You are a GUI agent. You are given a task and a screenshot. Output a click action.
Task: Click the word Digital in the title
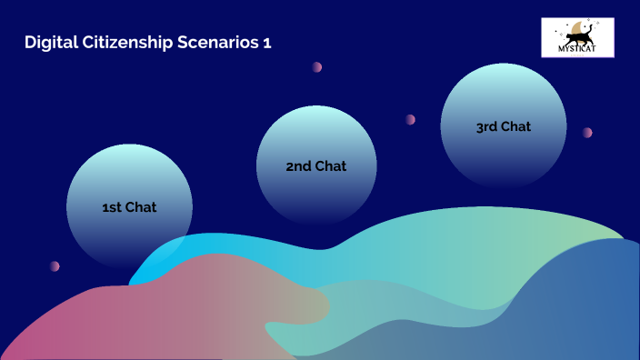pos(48,43)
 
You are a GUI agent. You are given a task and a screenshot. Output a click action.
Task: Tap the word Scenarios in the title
pos(212,43)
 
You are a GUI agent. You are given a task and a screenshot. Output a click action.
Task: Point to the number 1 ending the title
pos(266,43)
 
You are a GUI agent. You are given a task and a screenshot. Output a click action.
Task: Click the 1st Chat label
pos(129,207)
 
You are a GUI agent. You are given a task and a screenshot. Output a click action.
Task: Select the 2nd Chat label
pos(316,166)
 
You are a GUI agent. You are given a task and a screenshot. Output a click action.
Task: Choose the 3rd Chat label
pos(503,126)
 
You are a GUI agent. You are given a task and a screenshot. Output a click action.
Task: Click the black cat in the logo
pos(578,37)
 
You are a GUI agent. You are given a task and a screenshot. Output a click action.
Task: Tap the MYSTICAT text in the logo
pos(577,50)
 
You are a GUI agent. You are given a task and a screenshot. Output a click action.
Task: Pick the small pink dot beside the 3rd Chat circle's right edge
pos(587,133)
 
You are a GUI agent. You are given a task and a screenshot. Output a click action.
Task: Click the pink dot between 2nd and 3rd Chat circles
pos(411,119)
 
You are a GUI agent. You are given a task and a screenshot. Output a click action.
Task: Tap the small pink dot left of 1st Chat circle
pos(55,266)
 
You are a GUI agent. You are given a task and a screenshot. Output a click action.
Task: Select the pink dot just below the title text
pos(317,66)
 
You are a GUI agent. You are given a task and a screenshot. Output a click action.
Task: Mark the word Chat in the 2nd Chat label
pos(331,166)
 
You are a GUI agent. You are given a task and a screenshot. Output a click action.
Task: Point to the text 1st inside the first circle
pos(113,207)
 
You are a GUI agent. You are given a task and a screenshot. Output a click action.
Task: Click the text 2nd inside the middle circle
pos(299,166)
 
